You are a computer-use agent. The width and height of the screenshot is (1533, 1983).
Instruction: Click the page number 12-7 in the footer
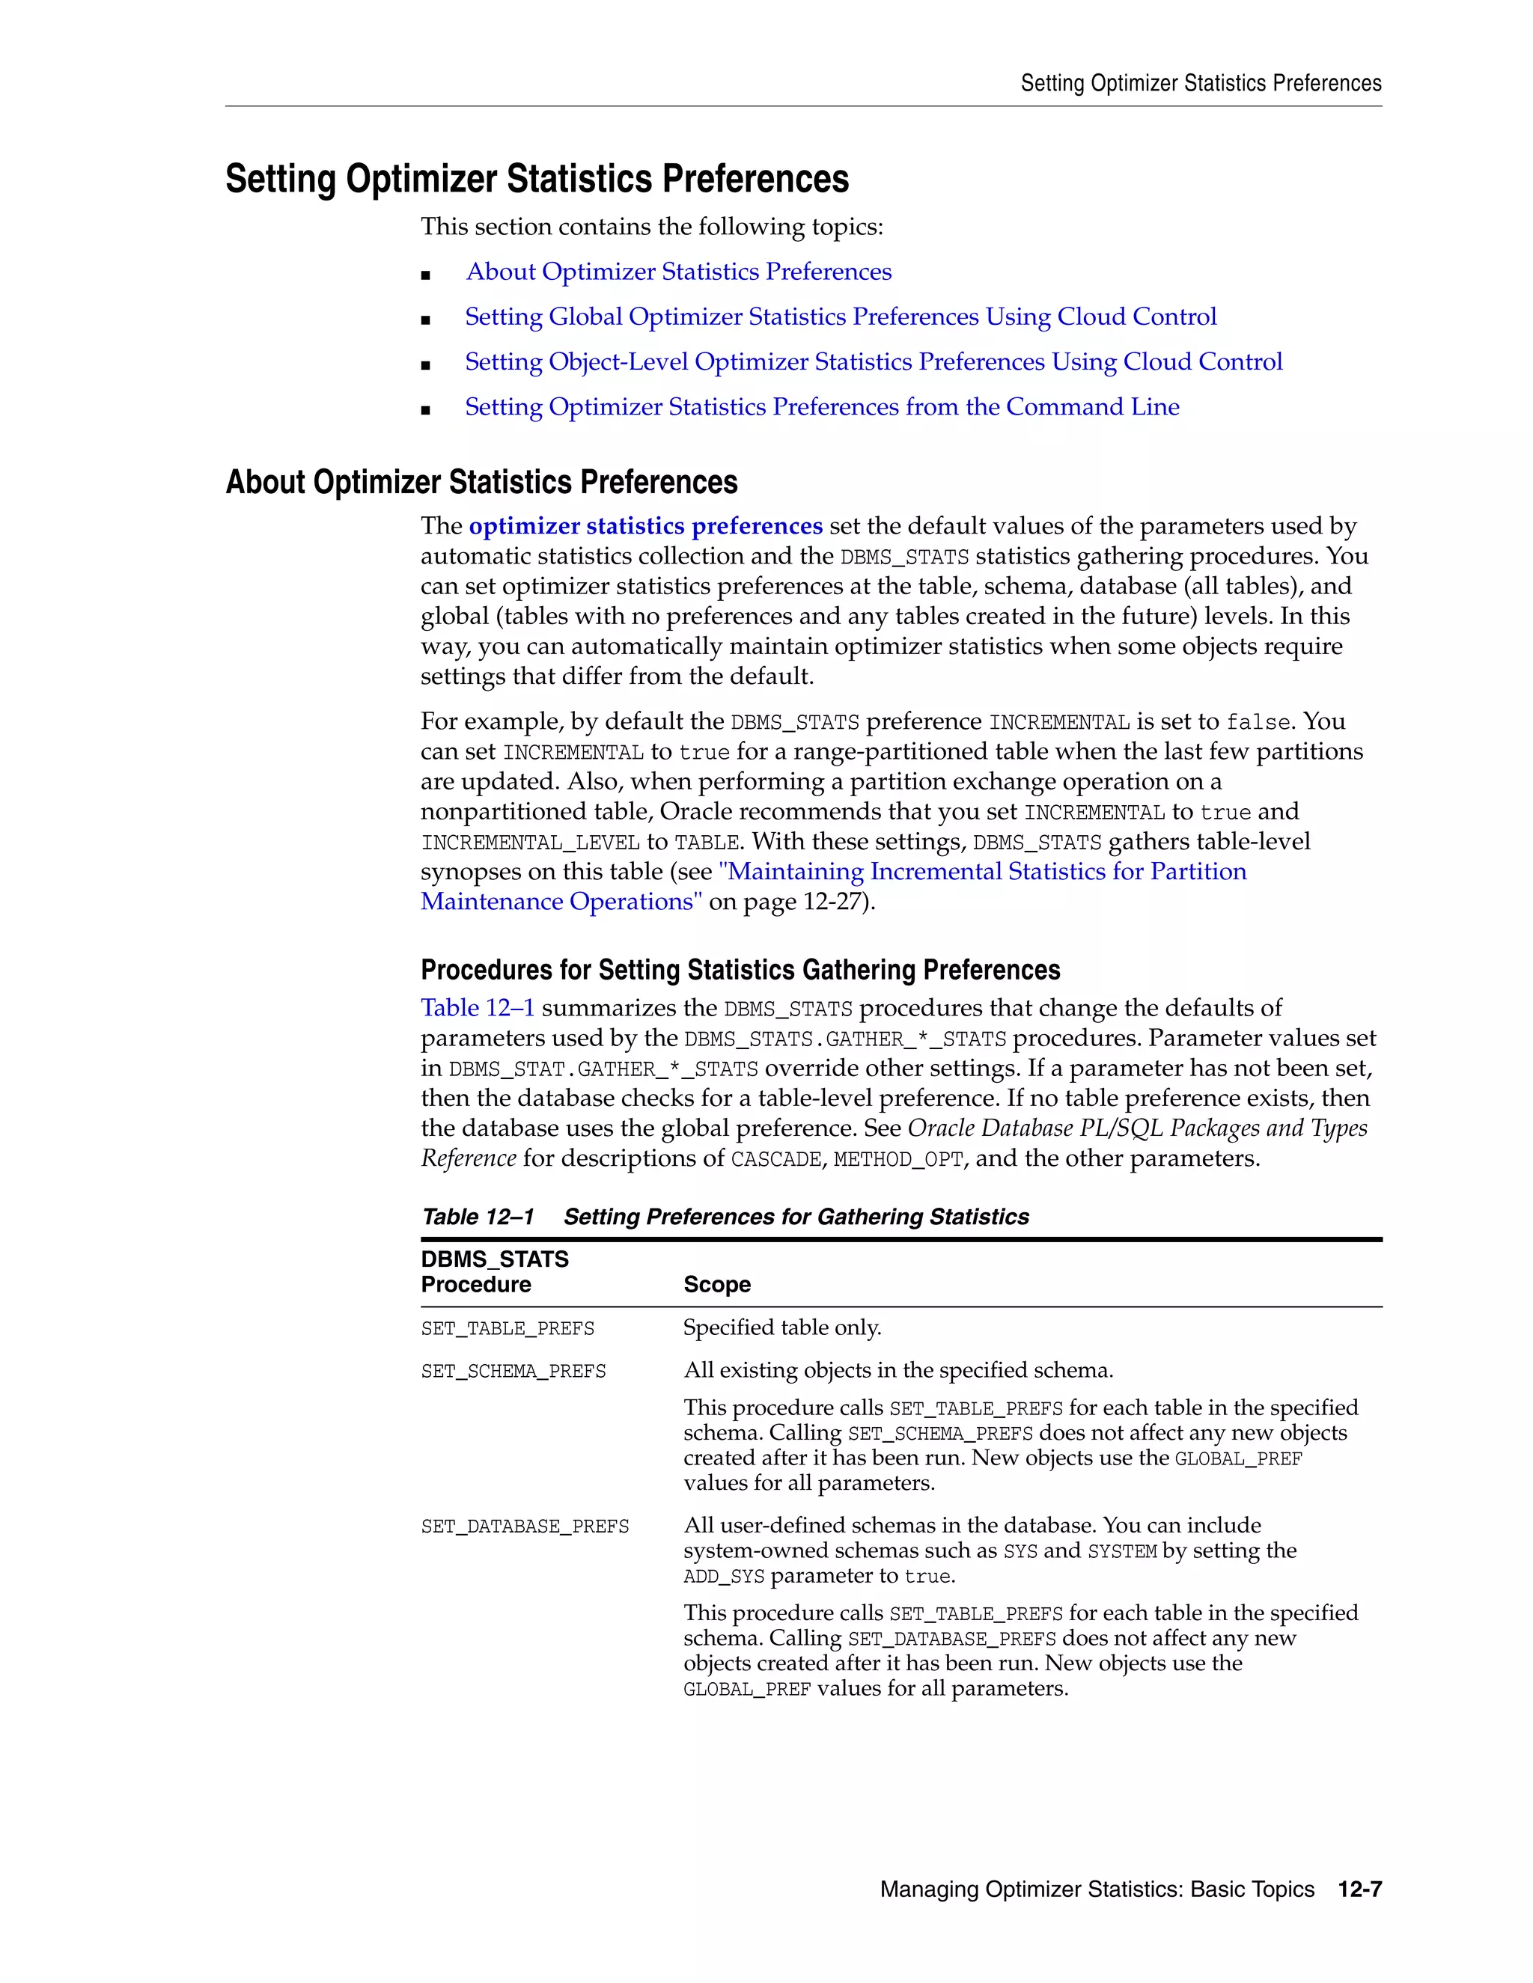coord(1359,1889)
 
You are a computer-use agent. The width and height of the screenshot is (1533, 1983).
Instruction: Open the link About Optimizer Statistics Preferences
coord(678,272)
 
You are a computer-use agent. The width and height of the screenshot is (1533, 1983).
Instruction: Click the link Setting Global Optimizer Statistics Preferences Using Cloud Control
coord(840,317)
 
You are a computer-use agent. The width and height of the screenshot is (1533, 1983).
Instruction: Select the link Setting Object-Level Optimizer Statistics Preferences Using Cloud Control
coord(873,361)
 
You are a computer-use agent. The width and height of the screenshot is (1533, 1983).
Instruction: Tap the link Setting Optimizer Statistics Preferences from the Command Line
coord(822,407)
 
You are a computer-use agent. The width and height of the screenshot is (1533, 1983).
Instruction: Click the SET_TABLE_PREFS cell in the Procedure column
coord(508,1328)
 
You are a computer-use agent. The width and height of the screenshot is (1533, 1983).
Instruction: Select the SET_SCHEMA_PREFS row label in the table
coord(513,1371)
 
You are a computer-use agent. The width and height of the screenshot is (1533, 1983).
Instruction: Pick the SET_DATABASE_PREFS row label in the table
coord(525,1527)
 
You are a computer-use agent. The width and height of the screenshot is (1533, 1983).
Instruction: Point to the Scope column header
coord(716,1284)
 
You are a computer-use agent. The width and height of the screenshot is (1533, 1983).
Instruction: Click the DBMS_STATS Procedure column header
coord(494,1271)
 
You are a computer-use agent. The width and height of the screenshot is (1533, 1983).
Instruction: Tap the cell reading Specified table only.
coord(782,1327)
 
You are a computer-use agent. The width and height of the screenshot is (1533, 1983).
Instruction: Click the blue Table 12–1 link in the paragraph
coord(478,1008)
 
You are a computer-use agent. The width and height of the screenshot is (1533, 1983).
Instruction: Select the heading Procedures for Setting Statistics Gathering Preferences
coord(740,970)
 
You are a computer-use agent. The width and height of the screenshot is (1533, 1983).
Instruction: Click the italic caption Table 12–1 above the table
coord(478,1217)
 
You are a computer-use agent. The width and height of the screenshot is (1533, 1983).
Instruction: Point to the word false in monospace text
coord(1258,723)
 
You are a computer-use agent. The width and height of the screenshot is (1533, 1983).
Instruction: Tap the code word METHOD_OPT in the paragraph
coord(897,1159)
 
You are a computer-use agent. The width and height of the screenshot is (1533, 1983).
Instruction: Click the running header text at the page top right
coord(1201,84)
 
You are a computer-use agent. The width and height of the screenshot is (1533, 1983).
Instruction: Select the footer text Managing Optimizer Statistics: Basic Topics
coord(1096,1889)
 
